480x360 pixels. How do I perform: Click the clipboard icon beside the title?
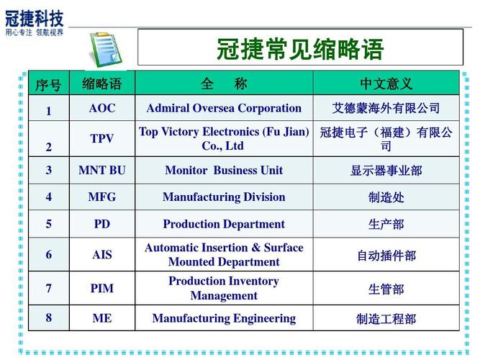106,49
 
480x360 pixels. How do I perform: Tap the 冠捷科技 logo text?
35,19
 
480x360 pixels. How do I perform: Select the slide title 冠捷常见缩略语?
300,49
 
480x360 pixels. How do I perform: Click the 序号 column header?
48,84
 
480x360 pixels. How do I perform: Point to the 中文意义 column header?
386,84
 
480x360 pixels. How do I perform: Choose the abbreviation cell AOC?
102,108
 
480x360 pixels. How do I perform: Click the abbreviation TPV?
102,138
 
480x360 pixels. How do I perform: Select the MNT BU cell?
102,171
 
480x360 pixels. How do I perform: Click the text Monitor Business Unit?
224,171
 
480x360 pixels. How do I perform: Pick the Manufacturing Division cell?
224,197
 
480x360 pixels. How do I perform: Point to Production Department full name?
224,224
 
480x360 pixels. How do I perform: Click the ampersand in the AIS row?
256,247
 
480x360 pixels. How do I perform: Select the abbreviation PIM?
102,288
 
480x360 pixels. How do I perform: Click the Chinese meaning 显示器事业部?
386,171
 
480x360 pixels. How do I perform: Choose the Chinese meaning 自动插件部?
386,256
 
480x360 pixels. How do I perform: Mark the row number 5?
49,224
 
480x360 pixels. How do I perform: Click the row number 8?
49,318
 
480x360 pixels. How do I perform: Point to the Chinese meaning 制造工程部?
386,319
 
